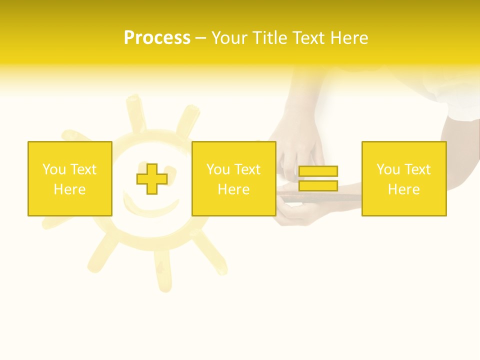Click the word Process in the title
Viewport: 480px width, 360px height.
click(x=157, y=38)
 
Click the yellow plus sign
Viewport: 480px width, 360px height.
click(x=152, y=179)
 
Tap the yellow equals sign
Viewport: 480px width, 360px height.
click(x=318, y=178)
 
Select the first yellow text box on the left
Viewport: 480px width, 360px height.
click(x=70, y=178)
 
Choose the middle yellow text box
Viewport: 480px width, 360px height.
click(x=233, y=178)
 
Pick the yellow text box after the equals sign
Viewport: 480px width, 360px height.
click(x=404, y=178)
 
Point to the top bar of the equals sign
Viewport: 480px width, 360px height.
click(x=318, y=171)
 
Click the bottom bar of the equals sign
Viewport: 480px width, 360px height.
click(x=318, y=185)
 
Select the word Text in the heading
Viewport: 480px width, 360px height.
click(x=309, y=38)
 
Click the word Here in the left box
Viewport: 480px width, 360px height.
click(x=69, y=189)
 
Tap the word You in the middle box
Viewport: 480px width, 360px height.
click(x=218, y=169)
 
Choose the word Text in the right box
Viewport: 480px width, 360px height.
click(x=418, y=169)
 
